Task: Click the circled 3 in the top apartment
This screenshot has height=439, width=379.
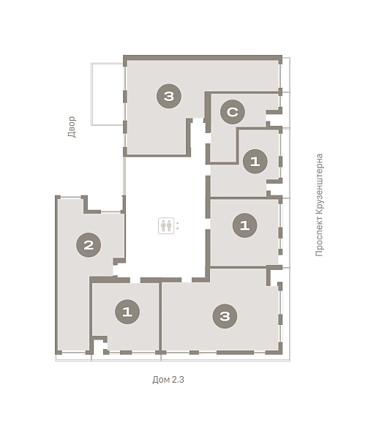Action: point(169,96)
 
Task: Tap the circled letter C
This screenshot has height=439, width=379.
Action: point(233,112)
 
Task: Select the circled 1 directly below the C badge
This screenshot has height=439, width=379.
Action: point(255,161)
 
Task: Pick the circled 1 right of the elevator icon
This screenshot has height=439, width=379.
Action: point(244,225)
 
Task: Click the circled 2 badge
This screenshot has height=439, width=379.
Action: point(89,245)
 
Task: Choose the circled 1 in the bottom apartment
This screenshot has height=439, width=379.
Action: point(127,312)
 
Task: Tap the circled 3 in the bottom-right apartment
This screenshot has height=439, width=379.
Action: point(225,316)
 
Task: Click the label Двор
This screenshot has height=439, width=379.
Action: point(72,127)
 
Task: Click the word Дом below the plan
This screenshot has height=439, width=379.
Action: point(161,380)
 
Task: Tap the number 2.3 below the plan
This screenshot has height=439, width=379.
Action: point(178,380)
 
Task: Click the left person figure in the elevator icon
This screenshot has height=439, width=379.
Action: point(163,225)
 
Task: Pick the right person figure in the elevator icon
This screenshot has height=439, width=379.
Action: point(169,225)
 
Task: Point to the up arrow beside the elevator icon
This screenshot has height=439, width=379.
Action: point(178,223)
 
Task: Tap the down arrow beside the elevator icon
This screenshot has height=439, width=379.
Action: point(178,228)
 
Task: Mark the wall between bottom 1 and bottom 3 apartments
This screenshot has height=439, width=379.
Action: point(160,317)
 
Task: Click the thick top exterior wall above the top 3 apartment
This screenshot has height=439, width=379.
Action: point(203,58)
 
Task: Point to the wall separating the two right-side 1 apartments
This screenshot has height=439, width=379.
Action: point(244,198)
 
